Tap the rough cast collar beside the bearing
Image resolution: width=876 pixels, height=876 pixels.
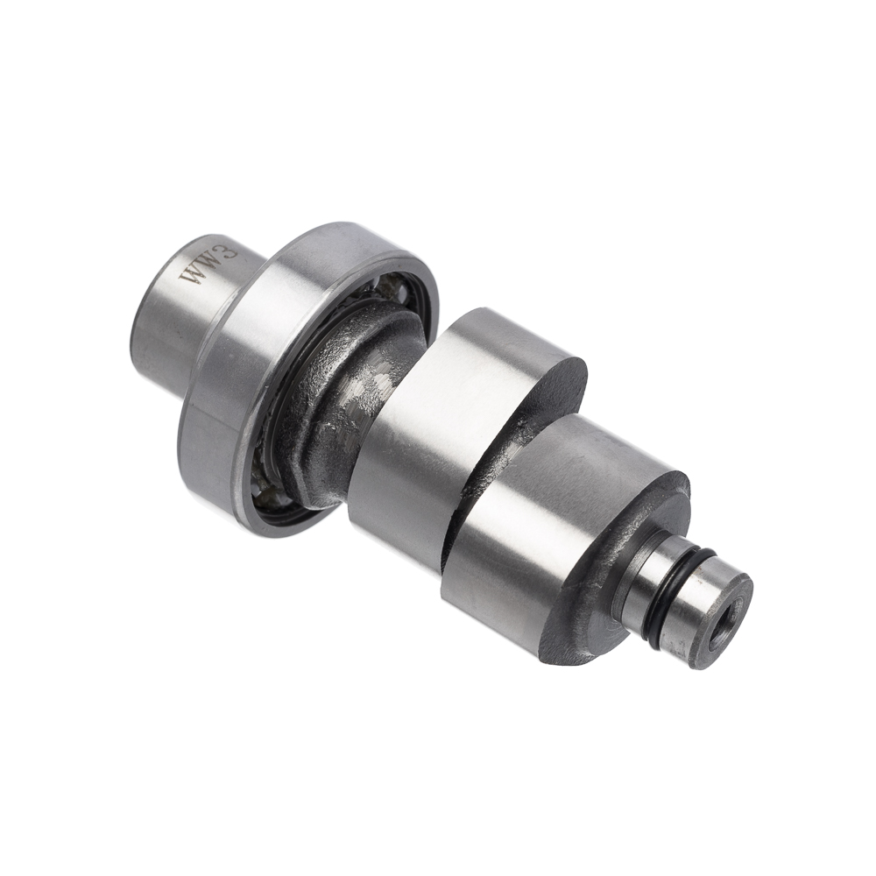[x=341, y=380]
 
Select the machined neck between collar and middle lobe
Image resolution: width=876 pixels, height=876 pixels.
[x=357, y=403]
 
